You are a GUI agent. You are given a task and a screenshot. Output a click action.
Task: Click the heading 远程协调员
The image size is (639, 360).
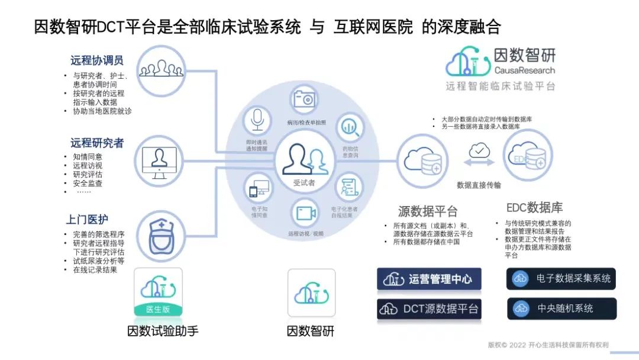(x=97, y=60)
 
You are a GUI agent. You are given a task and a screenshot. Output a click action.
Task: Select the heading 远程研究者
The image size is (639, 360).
(x=97, y=143)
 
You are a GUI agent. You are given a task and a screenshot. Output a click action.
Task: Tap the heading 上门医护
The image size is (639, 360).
(x=87, y=220)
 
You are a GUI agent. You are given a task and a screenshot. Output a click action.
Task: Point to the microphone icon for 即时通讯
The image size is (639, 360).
(x=257, y=120)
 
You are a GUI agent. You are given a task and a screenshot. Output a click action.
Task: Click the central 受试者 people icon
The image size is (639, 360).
(x=304, y=159)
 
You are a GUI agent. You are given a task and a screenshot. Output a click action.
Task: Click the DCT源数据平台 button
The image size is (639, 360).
(x=429, y=308)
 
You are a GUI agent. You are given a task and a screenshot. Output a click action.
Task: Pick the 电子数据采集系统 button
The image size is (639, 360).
(x=561, y=278)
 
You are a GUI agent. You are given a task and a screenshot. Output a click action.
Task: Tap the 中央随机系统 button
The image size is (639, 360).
(x=561, y=308)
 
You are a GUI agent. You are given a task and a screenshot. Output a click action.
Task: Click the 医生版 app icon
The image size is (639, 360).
(x=158, y=292)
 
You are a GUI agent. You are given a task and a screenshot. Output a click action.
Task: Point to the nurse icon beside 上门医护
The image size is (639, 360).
(x=158, y=234)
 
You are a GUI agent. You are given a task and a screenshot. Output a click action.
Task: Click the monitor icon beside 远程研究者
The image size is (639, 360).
(x=159, y=162)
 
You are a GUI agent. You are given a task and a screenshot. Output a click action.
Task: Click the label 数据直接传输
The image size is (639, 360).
(x=479, y=185)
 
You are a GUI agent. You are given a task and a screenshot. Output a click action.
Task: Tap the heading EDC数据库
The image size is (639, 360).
(x=534, y=208)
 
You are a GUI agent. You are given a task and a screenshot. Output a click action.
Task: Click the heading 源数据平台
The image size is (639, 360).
(x=428, y=211)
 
